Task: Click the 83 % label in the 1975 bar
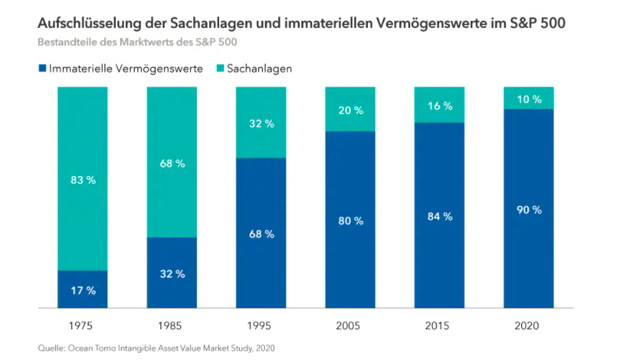[x=82, y=180]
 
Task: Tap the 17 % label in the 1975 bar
[x=82, y=291]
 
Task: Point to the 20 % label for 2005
[x=351, y=110]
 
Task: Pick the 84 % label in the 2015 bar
[x=439, y=216]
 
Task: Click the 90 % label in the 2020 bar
[x=529, y=210]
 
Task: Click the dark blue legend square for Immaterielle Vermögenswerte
[x=42, y=69]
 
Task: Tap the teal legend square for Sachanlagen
[x=220, y=69]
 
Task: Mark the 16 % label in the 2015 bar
[x=439, y=106]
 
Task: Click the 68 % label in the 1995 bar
[x=261, y=234]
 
